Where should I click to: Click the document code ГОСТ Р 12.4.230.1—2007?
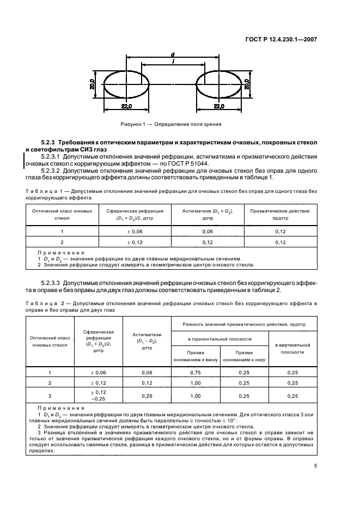(x=281, y=39)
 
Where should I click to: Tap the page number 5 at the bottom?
(x=315, y=465)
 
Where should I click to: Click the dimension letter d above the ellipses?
(x=172, y=54)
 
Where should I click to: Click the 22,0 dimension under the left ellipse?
(x=126, y=107)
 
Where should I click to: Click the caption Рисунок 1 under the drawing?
(x=172, y=124)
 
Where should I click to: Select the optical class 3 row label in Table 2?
(x=50, y=396)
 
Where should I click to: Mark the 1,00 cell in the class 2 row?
(x=195, y=383)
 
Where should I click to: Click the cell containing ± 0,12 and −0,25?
(x=99, y=396)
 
